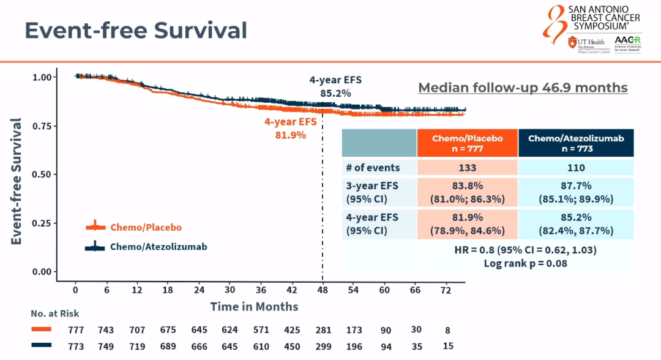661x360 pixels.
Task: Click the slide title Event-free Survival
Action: (136, 30)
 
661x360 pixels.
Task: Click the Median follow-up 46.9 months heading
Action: (523, 88)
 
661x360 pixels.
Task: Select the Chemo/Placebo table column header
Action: (467, 143)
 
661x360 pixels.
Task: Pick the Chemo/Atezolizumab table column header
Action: (575, 143)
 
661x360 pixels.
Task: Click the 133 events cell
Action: (467, 168)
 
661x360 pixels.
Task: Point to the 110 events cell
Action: (575, 168)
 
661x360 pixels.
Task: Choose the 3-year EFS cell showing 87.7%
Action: (575, 192)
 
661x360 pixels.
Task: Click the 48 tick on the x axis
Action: (323, 290)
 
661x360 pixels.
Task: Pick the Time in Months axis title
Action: (254, 306)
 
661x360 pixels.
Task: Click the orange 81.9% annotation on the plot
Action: (291, 135)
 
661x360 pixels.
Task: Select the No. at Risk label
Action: (55, 313)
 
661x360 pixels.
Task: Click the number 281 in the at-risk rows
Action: (323, 330)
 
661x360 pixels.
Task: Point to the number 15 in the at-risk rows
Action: (448, 346)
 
